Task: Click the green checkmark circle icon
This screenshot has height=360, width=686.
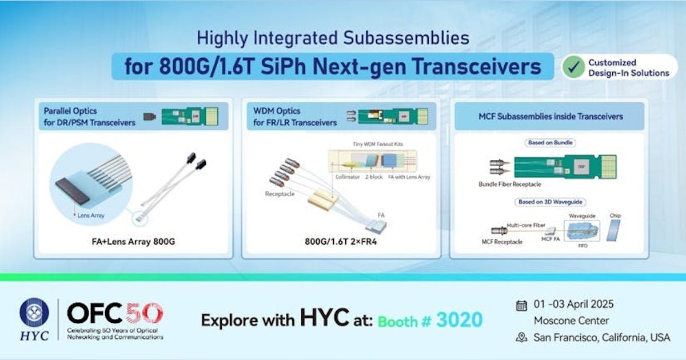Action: (573, 67)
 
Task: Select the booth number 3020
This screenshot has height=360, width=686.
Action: (458, 319)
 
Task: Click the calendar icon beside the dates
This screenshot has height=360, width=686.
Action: (521, 305)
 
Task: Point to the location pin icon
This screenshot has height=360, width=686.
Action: (521, 338)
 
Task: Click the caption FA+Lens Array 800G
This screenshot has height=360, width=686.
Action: (133, 242)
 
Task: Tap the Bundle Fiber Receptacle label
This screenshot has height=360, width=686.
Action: (509, 185)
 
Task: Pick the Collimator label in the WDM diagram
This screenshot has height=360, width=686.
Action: (348, 177)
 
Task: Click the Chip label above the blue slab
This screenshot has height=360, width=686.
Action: (615, 215)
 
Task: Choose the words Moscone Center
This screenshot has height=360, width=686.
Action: (571, 321)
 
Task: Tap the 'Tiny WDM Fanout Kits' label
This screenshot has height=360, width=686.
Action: (374, 144)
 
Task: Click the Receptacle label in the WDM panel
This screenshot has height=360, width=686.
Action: (278, 194)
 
